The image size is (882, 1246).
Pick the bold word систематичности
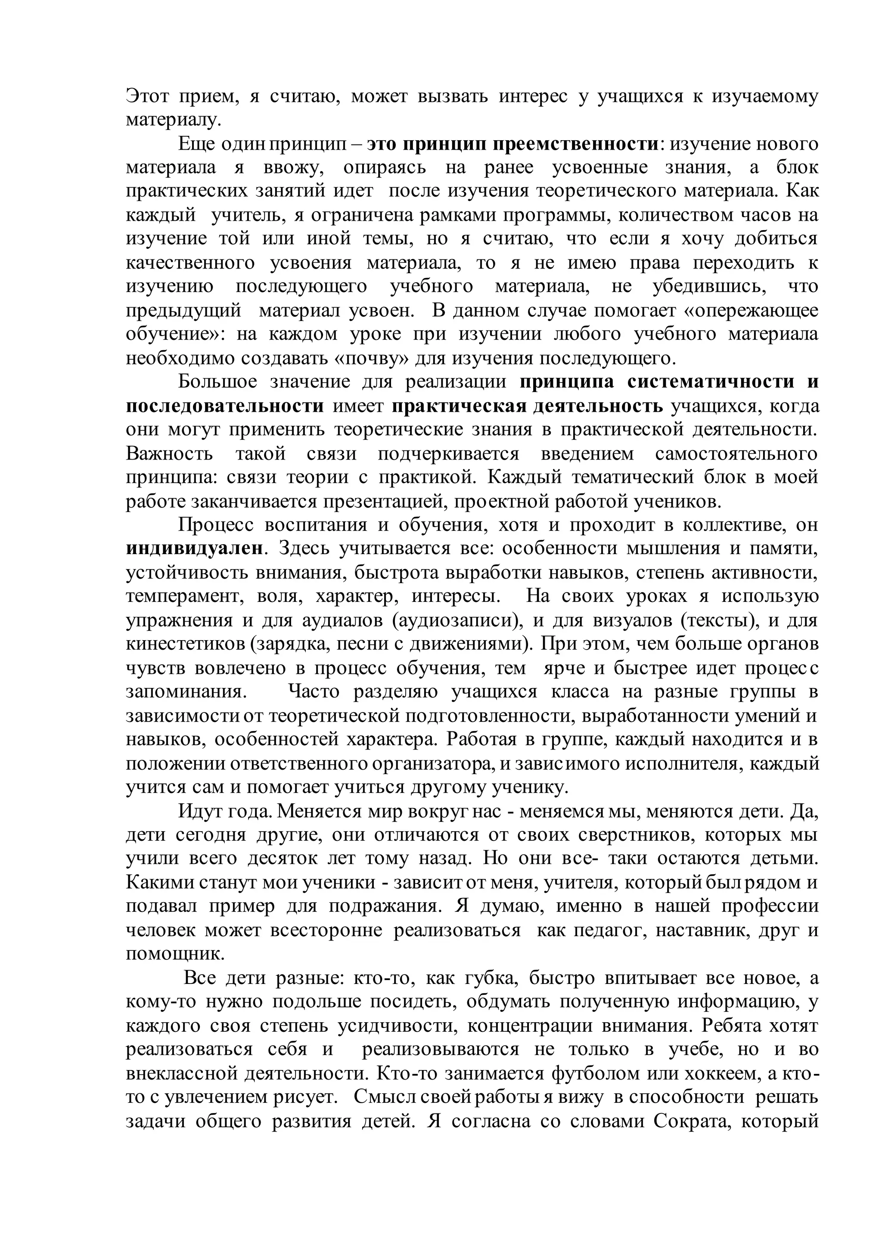[x=711, y=382]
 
